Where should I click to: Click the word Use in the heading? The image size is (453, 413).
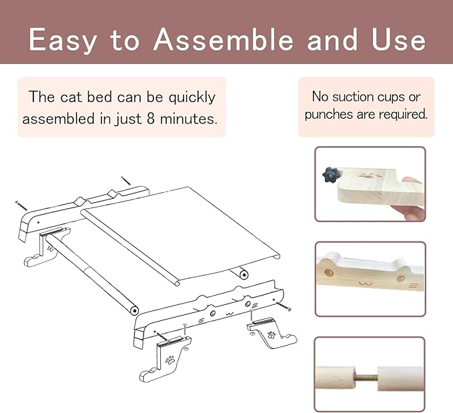[398, 39]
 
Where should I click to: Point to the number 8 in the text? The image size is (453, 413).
[151, 119]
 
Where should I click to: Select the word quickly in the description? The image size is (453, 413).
[192, 97]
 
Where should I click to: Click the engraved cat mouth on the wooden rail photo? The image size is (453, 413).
[366, 284]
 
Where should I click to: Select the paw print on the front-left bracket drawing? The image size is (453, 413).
[170, 360]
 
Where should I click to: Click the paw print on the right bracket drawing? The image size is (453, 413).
[272, 335]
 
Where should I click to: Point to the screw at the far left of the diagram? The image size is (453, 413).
[21, 205]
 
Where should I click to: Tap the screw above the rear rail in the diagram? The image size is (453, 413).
[125, 181]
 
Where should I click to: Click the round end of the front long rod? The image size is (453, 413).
[134, 311]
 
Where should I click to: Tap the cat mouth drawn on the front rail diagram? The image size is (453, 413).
[230, 314]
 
